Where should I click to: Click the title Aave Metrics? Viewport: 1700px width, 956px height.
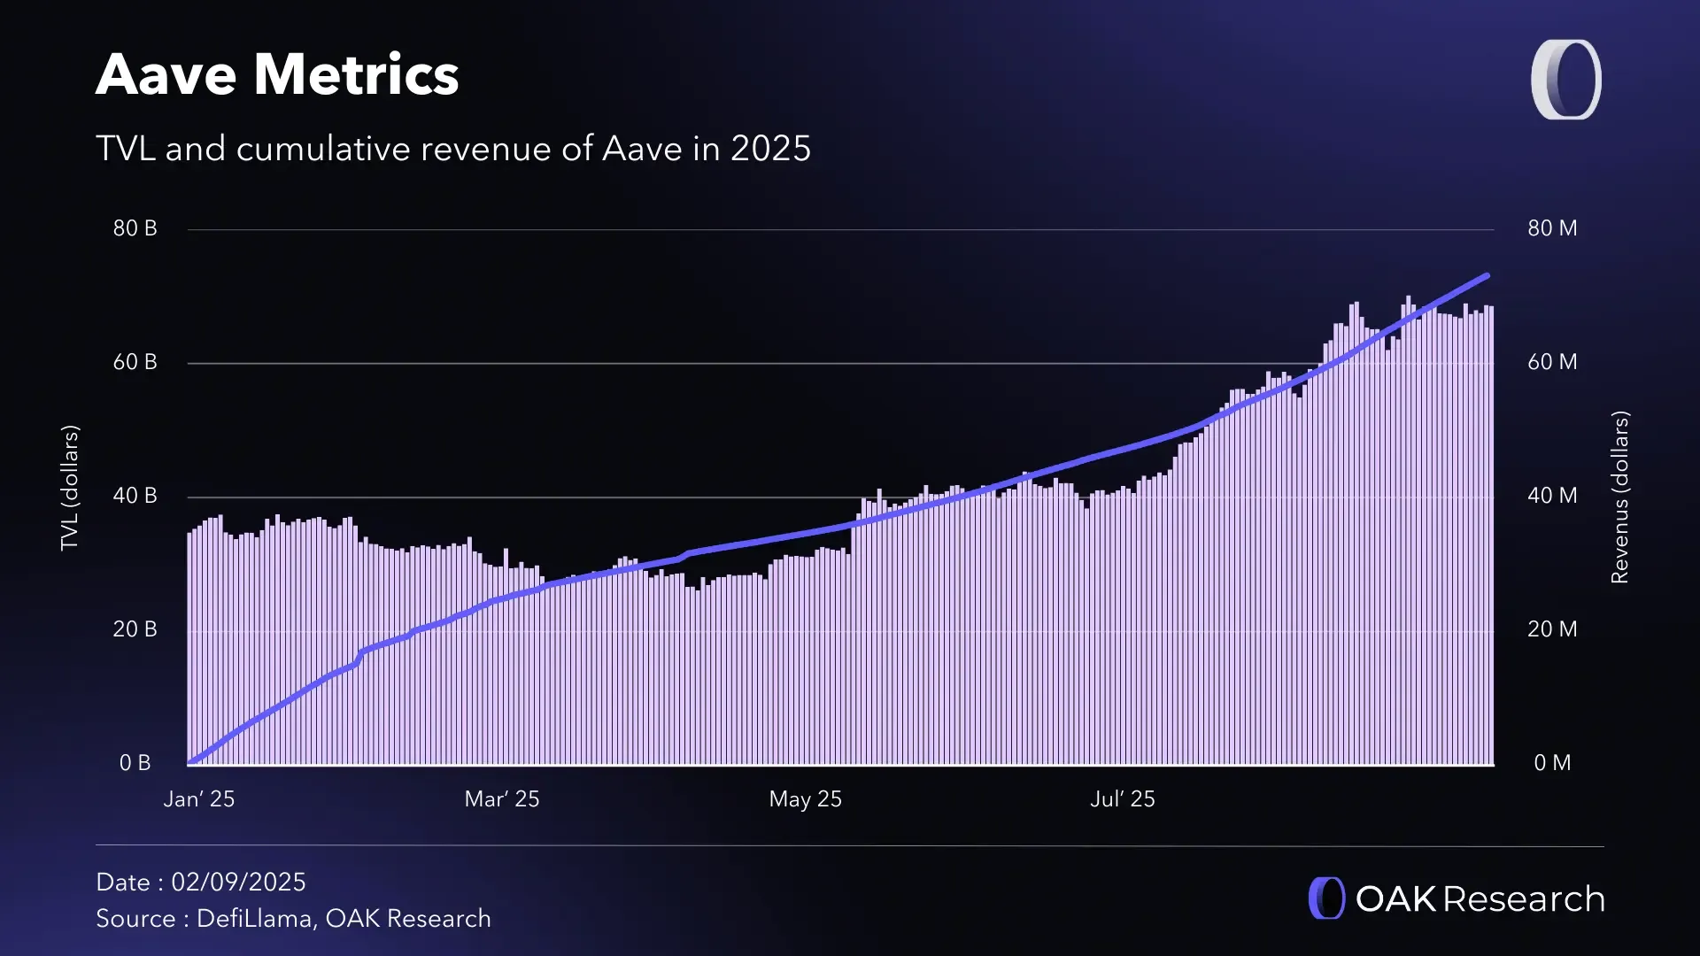(x=277, y=74)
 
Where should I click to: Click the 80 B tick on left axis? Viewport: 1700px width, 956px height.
(x=135, y=228)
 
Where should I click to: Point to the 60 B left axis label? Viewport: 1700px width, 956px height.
(x=135, y=362)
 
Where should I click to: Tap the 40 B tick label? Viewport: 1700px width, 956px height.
(x=135, y=496)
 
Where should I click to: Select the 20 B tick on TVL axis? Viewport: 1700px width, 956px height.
(x=135, y=629)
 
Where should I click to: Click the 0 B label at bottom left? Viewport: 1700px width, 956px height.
(x=135, y=763)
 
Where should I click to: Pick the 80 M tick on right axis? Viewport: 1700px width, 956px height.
(x=1552, y=228)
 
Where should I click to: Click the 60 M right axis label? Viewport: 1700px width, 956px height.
(x=1552, y=362)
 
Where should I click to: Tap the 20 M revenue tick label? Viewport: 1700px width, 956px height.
(x=1552, y=629)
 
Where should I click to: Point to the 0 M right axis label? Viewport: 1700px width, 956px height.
(x=1552, y=763)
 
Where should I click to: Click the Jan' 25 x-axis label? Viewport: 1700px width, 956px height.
(x=199, y=799)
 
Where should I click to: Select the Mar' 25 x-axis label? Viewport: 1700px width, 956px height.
(x=502, y=799)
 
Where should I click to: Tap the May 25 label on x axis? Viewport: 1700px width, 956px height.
(x=805, y=799)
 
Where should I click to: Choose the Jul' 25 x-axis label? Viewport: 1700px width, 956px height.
(x=1123, y=799)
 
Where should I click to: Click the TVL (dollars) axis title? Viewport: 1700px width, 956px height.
(x=70, y=488)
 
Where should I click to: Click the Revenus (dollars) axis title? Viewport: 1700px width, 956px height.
(x=1619, y=497)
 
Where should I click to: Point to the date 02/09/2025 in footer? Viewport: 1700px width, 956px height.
(x=238, y=883)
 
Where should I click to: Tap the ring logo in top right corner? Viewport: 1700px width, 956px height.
(x=1565, y=80)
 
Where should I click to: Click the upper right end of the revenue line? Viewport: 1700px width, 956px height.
(x=1487, y=276)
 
